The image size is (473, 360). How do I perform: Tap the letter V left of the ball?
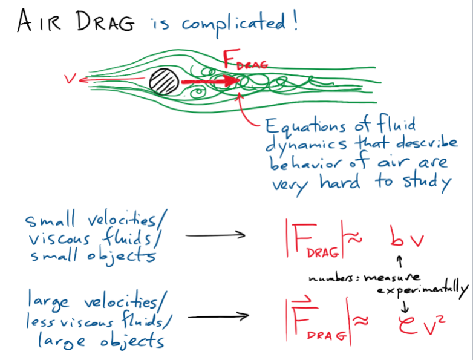pyautogui.click(x=70, y=79)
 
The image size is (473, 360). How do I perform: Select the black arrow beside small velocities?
pyautogui.click(x=215, y=234)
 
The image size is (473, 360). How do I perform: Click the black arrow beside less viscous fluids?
pyautogui.click(x=217, y=316)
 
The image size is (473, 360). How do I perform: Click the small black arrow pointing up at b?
pyautogui.click(x=399, y=261)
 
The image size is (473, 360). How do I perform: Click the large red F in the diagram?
pyautogui.click(x=230, y=60)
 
